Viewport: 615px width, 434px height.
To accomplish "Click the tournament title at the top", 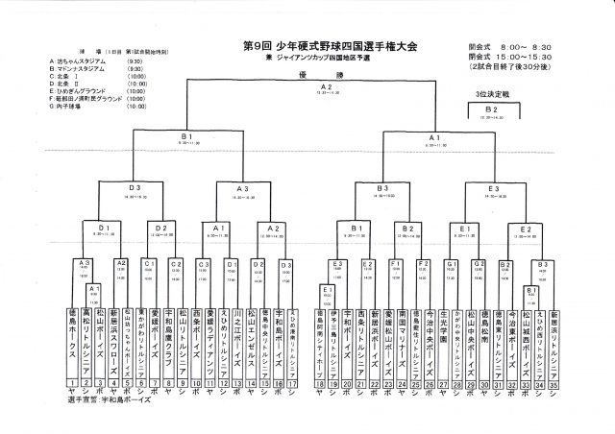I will tap(331, 46).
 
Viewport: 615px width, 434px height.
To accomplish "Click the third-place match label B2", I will tap(490, 110).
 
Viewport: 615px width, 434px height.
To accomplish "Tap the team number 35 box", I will tap(554, 382).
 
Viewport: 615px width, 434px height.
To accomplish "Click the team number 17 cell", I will tap(292, 382).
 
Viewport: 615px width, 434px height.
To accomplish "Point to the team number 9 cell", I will tap(183, 382).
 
